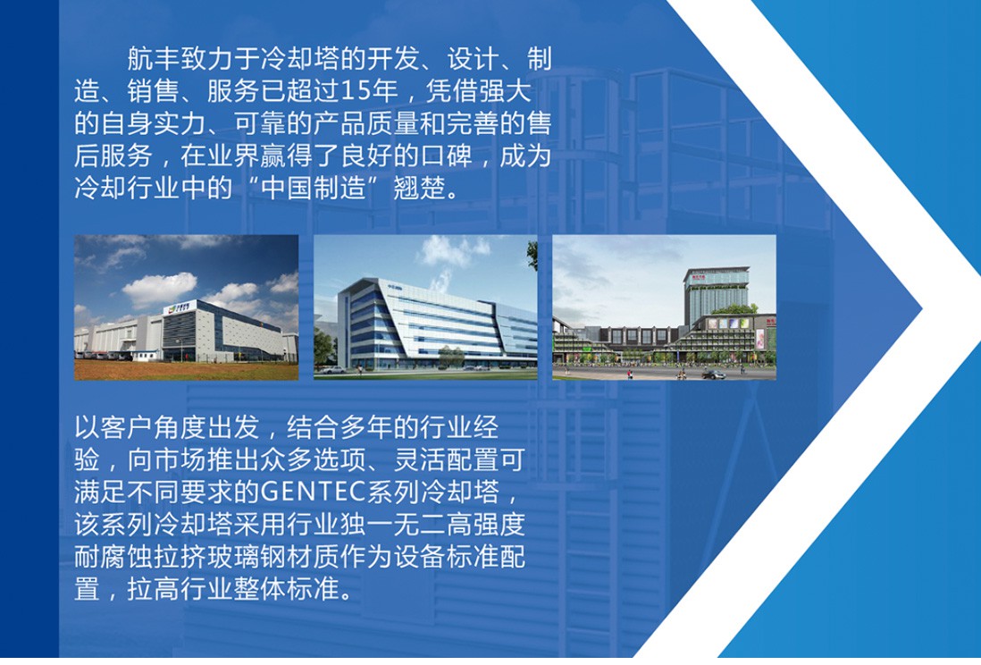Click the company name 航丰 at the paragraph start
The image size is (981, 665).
(x=154, y=59)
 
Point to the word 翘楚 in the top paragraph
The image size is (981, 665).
(x=419, y=188)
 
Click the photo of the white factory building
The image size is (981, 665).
(x=187, y=307)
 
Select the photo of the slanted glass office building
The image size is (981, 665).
(x=425, y=307)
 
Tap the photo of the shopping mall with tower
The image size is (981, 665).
(x=665, y=307)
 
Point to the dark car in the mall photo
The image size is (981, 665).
(x=713, y=375)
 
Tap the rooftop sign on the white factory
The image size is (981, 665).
(x=180, y=307)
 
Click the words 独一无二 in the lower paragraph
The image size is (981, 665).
(x=392, y=525)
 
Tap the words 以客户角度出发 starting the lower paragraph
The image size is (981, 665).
(x=167, y=427)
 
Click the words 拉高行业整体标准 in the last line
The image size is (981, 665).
(x=233, y=589)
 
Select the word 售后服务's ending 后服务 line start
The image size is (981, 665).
(x=113, y=156)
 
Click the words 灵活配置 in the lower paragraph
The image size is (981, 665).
(x=446, y=460)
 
